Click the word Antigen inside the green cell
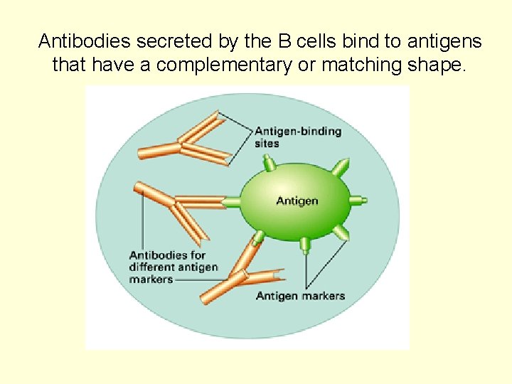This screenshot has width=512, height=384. point(297,201)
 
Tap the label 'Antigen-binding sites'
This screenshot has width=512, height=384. point(297,137)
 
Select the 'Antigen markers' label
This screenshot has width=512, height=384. point(300,296)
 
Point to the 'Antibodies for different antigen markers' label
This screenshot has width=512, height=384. point(173,267)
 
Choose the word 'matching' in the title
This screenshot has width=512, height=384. point(368,65)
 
